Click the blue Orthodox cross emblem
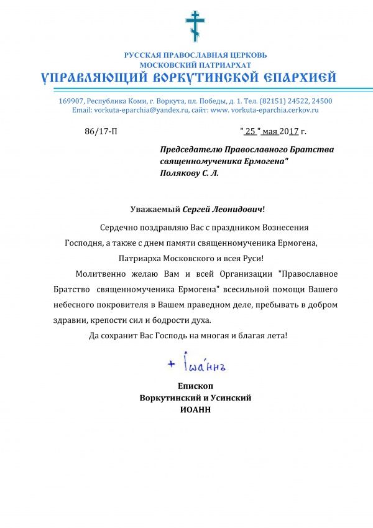tap(195, 25)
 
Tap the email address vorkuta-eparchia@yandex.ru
tap(140, 109)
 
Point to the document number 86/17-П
tap(100, 132)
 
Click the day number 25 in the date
tap(251, 132)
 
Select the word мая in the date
tap(270, 132)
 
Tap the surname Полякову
tap(181, 173)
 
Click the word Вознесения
tap(283, 228)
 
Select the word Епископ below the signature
tap(195, 386)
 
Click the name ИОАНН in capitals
tap(195, 410)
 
